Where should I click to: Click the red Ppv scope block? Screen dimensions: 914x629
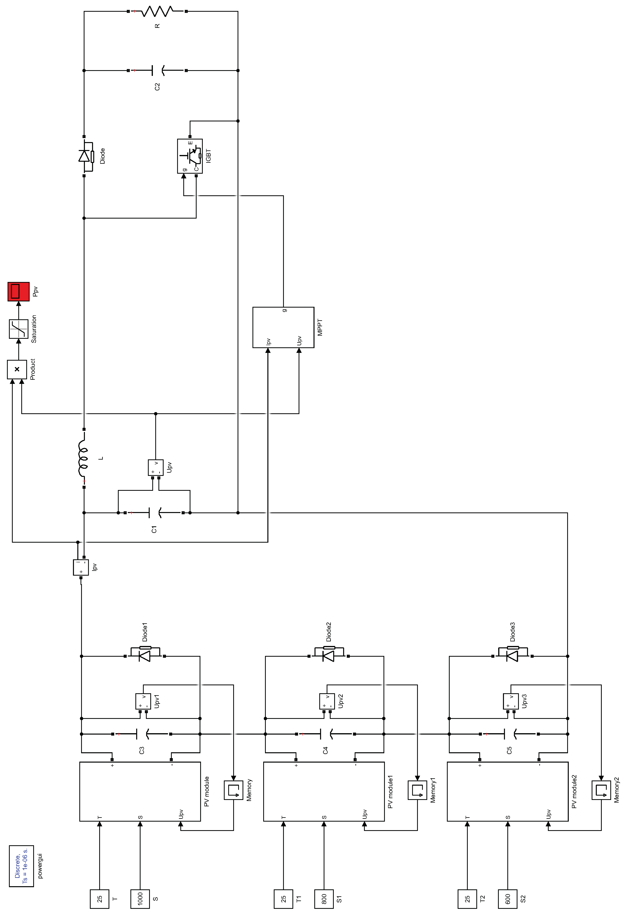[x=18, y=291]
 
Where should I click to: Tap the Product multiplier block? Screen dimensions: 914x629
[x=17, y=369]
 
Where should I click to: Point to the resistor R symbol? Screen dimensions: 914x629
[x=157, y=11]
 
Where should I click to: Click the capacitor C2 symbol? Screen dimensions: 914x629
[x=157, y=71]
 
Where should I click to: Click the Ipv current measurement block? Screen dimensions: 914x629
[x=81, y=567]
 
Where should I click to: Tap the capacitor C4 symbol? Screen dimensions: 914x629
[x=326, y=734]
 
